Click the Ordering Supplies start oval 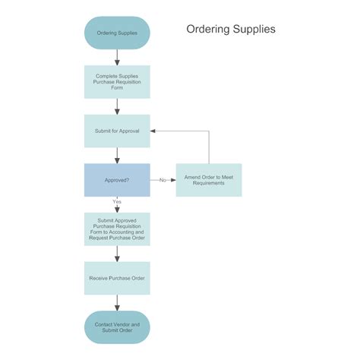pyautogui.click(x=117, y=33)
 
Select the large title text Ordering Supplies pyautogui.click(x=231, y=30)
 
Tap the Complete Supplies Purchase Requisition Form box pyautogui.click(x=117, y=82)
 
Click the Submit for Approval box pyautogui.click(x=117, y=131)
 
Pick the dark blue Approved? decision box pyautogui.click(x=117, y=180)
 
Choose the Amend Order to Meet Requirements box pyautogui.click(x=209, y=180)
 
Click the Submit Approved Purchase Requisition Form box pyautogui.click(x=117, y=229)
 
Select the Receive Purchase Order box pyautogui.click(x=117, y=278)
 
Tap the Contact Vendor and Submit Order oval pyautogui.click(x=117, y=327)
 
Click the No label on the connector pyautogui.click(x=163, y=180)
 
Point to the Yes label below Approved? pyautogui.click(x=117, y=201)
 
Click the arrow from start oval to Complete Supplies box pyautogui.click(x=117, y=58)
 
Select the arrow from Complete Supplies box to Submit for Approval pyautogui.click(x=117, y=106)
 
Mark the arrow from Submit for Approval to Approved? pyautogui.click(x=117, y=156)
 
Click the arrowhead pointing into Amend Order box pyautogui.click(x=173, y=180)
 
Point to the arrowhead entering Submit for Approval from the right pyautogui.click(x=153, y=131)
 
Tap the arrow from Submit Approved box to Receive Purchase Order pyautogui.click(x=117, y=254)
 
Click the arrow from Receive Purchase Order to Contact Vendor pyautogui.click(x=117, y=303)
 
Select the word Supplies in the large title pyautogui.click(x=254, y=30)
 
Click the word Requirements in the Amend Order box pyautogui.click(x=209, y=183)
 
